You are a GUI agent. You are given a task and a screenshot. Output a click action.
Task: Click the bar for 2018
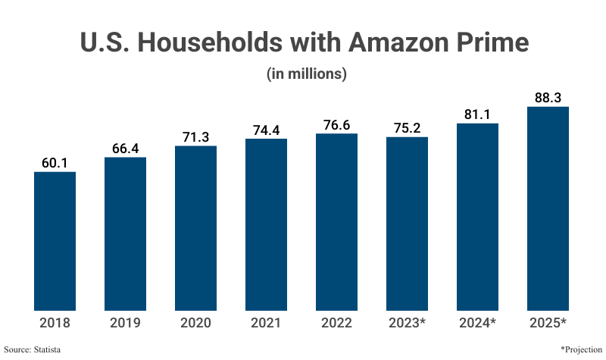pyautogui.click(x=55, y=241)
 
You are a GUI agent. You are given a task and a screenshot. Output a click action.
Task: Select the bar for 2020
pyautogui.click(x=196, y=227)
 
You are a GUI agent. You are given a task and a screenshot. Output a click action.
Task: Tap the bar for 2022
pyautogui.click(x=336, y=221)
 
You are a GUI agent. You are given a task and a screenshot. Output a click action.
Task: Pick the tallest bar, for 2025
pyautogui.click(x=548, y=208)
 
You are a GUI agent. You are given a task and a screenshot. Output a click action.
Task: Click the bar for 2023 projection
pyautogui.click(x=407, y=224)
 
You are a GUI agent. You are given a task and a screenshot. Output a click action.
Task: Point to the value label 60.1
pyautogui.click(x=55, y=163)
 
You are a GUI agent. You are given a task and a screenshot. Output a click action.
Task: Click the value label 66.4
pyautogui.click(x=126, y=149)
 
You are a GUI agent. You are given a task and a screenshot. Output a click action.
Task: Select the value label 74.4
pyautogui.click(x=266, y=130)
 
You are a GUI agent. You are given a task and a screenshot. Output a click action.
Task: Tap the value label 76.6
pyautogui.click(x=336, y=125)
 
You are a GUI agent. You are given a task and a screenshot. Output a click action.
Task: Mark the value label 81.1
pyautogui.click(x=477, y=114)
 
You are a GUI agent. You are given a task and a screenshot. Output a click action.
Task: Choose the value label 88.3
pyautogui.click(x=548, y=98)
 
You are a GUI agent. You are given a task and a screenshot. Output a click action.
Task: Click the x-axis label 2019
pyautogui.click(x=126, y=323)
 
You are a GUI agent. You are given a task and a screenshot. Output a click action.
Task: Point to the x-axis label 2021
pyautogui.click(x=266, y=323)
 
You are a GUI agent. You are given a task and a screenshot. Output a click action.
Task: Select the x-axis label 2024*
pyautogui.click(x=477, y=323)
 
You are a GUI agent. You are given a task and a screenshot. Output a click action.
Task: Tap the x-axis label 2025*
pyautogui.click(x=548, y=323)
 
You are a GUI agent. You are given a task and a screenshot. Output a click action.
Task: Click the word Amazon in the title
pyautogui.click(x=398, y=42)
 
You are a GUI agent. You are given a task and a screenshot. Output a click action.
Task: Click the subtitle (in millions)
pyautogui.click(x=306, y=74)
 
